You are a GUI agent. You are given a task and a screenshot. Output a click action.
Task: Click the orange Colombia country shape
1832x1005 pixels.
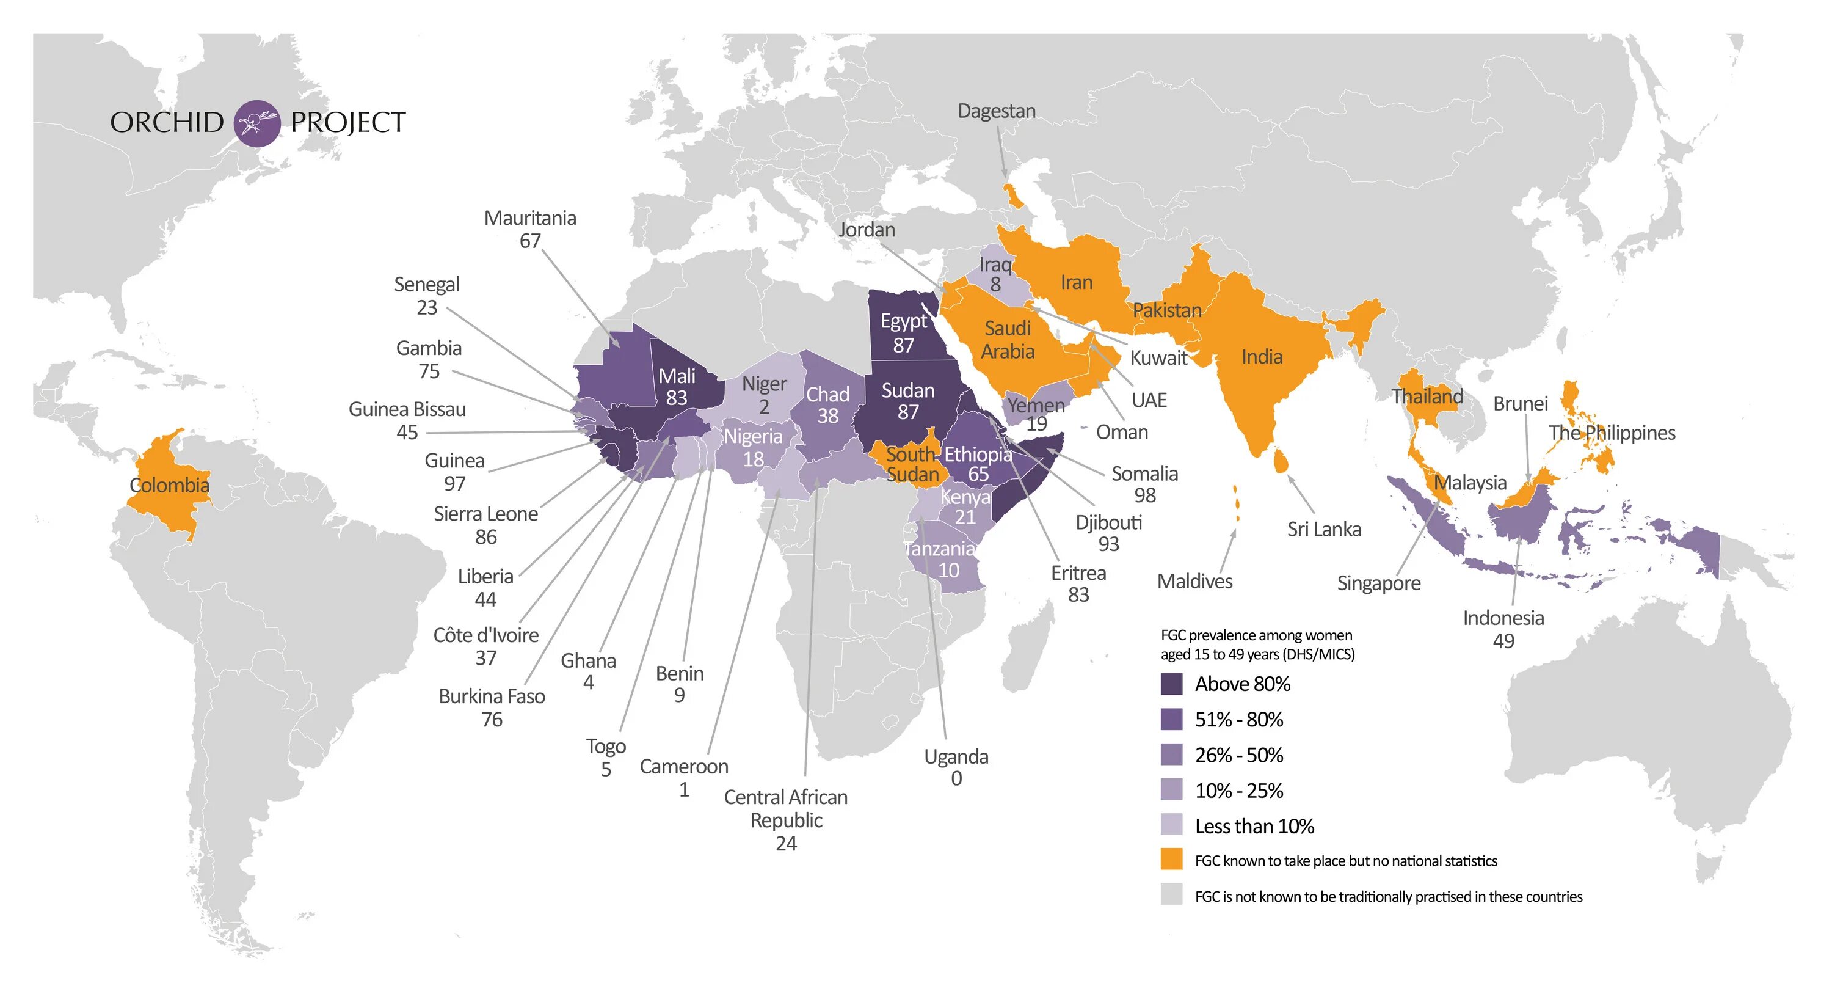[x=167, y=484]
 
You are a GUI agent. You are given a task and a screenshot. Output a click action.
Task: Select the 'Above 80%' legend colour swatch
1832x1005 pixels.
[x=1171, y=684]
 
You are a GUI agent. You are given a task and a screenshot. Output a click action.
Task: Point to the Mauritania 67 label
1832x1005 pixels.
[x=530, y=229]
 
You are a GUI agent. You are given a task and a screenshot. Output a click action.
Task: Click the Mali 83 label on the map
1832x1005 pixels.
[x=677, y=387]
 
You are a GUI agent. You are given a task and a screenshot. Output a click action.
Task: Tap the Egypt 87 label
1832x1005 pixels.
[x=903, y=333]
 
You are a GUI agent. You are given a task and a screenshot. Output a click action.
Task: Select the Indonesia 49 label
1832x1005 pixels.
[x=1503, y=629]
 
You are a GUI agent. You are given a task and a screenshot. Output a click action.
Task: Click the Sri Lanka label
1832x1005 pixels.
[x=1323, y=529]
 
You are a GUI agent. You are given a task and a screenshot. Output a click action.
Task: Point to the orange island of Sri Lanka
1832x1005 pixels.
[x=1279, y=460]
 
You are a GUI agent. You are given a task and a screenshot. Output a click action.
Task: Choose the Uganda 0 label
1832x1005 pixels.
[x=956, y=767]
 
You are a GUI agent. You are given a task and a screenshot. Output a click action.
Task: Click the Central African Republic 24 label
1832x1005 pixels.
[x=786, y=819]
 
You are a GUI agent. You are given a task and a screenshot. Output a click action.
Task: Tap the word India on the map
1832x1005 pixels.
[x=1262, y=356]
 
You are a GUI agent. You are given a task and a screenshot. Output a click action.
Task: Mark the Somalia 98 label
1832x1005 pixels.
[x=1144, y=484]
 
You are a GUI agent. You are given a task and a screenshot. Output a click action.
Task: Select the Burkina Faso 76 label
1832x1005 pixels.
[x=492, y=707]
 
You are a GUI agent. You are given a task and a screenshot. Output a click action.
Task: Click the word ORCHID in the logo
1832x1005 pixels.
[x=167, y=122]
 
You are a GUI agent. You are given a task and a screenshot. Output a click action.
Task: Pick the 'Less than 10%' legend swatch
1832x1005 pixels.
[x=1171, y=825]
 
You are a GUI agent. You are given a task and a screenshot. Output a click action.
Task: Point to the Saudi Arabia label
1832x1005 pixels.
[x=1007, y=339]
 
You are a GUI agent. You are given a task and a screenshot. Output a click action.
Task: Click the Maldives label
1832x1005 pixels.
[x=1195, y=581]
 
